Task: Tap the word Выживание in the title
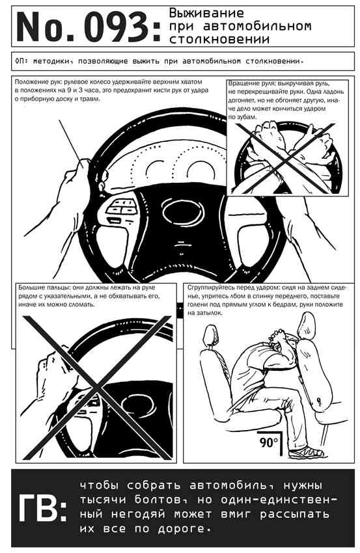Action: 206,13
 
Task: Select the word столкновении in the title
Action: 219,39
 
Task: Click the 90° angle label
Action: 269,442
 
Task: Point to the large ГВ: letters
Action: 42,509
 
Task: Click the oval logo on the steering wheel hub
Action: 183,211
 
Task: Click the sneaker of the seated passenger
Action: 306,452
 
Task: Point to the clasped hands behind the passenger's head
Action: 278,336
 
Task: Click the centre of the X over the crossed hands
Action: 287,159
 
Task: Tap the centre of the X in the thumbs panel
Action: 95,387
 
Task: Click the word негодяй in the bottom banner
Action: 138,514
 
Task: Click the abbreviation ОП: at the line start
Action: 21,61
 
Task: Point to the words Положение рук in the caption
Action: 33,82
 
